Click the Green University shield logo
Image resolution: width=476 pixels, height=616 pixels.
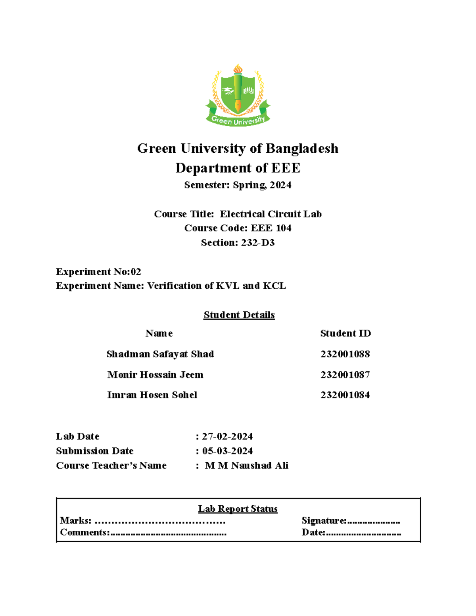coord(238,95)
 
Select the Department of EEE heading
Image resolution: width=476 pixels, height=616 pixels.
coord(238,168)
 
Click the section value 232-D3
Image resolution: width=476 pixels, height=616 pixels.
coord(257,243)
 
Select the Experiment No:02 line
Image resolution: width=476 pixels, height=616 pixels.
coord(98,272)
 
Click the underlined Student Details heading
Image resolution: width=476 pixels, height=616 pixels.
coord(239,315)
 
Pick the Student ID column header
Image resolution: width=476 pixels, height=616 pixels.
coord(345,334)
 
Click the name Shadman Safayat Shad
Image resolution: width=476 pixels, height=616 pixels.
coord(160,354)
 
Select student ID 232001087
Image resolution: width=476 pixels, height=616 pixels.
coord(345,375)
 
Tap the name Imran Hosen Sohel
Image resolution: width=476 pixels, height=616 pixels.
coord(152,395)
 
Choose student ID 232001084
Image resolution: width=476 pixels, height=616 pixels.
coord(345,395)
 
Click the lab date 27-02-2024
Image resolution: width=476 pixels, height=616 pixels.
coord(227,437)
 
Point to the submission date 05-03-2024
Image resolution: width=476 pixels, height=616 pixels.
coord(227,451)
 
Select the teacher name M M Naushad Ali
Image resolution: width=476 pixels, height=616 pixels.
coord(246,466)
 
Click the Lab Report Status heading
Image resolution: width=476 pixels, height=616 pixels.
coord(238,509)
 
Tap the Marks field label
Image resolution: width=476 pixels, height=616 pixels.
coord(75,521)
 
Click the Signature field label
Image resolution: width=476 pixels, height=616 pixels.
coord(324,521)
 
